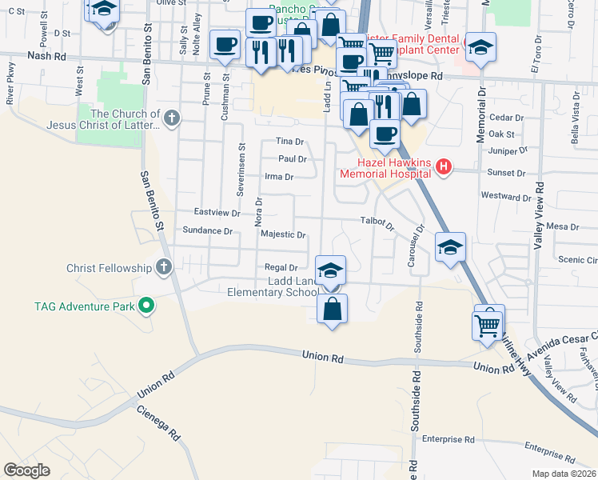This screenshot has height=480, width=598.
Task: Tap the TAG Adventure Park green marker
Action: (x=146, y=305)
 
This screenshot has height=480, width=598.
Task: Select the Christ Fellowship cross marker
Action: (x=164, y=267)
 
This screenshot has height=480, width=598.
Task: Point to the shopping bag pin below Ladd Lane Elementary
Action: (x=332, y=308)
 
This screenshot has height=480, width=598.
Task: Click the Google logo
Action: (x=26, y=470)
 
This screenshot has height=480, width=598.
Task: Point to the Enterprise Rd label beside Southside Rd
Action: (x=448, y=439)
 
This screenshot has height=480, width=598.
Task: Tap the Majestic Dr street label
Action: (x=283, y=235)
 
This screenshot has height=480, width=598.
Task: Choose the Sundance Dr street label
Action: (x=207, y=230)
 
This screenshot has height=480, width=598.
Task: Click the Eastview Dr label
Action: (x=217, y=212)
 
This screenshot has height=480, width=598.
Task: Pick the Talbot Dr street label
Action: (x=377, y=222)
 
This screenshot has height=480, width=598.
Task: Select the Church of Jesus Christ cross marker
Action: (x=170, y=119)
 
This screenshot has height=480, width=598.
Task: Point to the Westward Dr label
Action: (x=505, y=197)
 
